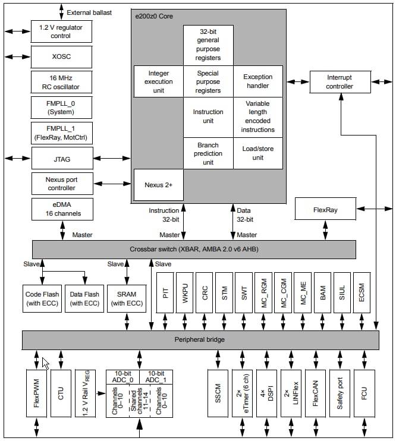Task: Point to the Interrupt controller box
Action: pos(340,82)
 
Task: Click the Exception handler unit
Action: pos(258,81)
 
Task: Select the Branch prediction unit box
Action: pos(208,153)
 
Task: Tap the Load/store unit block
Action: pos(258,153)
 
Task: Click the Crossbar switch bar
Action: pos(194,249)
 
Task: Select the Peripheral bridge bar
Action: pos(200,339)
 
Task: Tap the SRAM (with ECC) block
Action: pos(126,298)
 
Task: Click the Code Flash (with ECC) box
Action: pos(42,298)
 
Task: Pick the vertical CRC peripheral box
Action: pos(205,293)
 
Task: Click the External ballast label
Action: pos(89,12)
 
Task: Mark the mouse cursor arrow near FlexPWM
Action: pos(45,363)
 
